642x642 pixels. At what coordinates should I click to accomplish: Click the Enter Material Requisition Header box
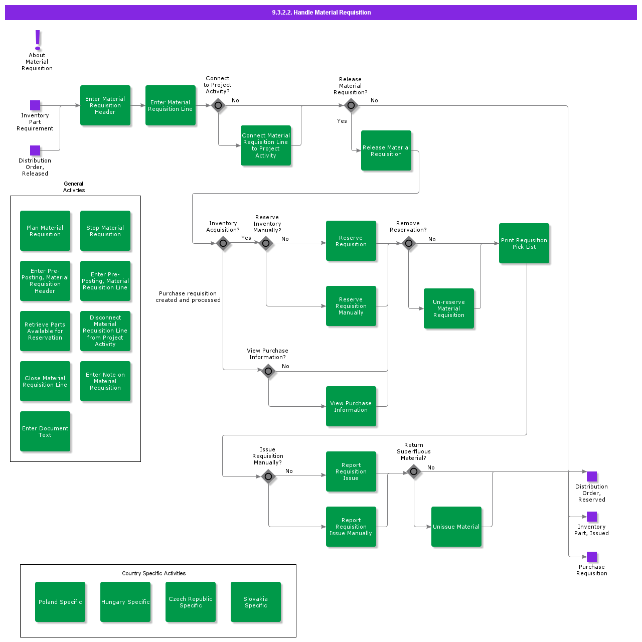(105, 105)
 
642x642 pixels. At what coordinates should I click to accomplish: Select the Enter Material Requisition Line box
(171, 105)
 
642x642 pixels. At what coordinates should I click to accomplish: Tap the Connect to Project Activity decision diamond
(218, 105)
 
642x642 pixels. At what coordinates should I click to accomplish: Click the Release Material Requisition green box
(386, 150)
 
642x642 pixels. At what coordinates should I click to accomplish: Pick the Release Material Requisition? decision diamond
(351, 105)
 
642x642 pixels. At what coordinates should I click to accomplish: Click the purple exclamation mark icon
(37, 40)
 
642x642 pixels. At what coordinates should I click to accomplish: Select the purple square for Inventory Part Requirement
(35, 105)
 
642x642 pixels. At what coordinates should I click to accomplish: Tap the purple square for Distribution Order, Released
(35, 150)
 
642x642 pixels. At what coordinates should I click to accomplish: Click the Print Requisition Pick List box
(524, 243)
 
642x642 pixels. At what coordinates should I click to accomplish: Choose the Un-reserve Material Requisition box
(449, 308)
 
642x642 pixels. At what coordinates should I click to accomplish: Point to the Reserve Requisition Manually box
(351, 306)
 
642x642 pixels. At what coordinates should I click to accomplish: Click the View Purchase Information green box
(351, 406)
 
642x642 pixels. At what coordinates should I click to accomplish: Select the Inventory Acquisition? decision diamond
(223, 243)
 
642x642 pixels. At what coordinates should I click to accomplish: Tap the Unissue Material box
(456, 527)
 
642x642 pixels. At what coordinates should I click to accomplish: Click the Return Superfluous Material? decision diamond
(414, 471)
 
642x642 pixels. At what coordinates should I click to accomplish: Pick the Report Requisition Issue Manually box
(351, 527)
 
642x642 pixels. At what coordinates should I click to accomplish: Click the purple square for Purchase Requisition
(592, 557)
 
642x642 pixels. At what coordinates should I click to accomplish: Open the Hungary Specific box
(125, 602)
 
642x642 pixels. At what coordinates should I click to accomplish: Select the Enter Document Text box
(45, 431)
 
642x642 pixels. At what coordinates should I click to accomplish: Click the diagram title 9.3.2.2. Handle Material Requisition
(321, 13)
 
